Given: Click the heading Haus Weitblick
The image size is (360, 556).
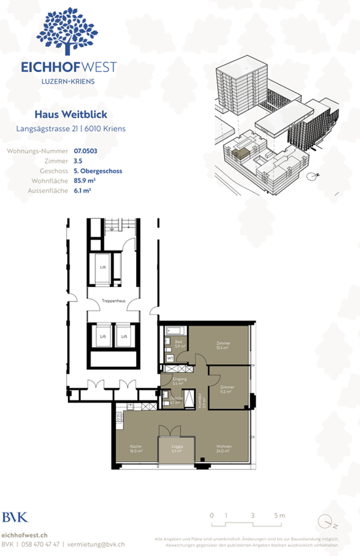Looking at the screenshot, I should (x=71, y=114).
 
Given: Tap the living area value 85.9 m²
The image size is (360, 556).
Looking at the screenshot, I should (x=85, y=181).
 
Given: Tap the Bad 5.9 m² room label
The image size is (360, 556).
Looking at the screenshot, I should (x=178, y=345).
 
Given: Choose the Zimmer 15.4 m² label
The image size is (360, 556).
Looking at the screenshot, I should (x=224, y=346).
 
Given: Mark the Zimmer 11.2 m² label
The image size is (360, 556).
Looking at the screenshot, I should (x=227, y=389).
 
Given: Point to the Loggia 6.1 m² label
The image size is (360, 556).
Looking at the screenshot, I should (x=176, y=450).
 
